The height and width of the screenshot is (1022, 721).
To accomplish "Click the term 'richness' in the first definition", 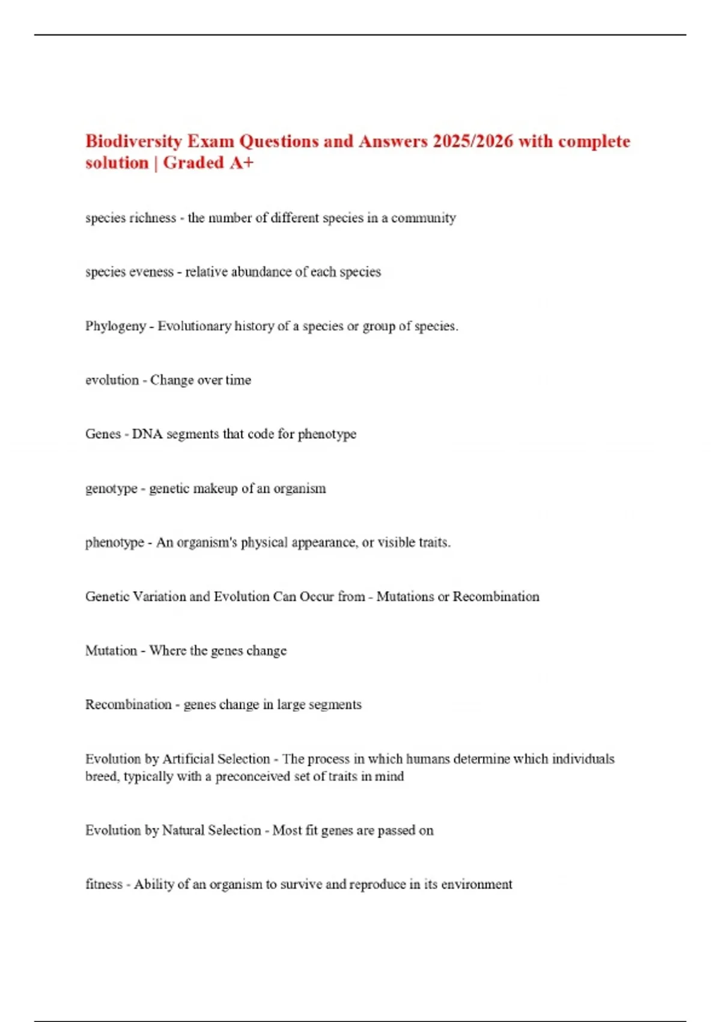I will [x=153, y=218].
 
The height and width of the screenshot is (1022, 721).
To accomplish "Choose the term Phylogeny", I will [x=115, y=326].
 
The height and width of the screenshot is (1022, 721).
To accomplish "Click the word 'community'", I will [x=424, y=218].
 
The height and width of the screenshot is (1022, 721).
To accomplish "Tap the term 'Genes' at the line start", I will [x=103, y=434].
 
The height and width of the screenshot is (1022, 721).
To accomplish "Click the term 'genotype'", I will [x=111, y=489].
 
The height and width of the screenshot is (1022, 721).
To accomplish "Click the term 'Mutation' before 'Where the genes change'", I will [x=111, y=650].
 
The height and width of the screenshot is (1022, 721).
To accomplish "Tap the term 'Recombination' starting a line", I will [x=128, y=705].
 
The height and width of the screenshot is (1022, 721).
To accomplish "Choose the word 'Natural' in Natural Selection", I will [x=183, y=830].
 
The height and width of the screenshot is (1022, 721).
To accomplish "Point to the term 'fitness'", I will [x=103, y=884].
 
